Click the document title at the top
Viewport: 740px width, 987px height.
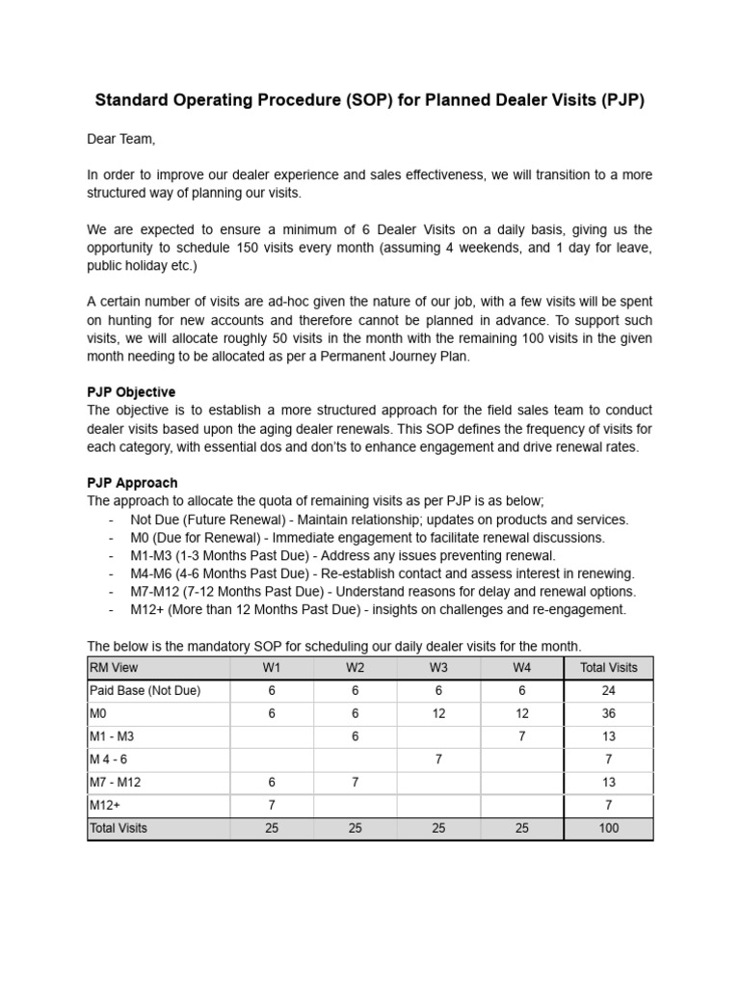click(x=369, y=101)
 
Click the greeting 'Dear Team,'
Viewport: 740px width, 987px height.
click(x=120, y=140)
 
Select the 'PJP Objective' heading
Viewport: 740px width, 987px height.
click(x=131, y=392)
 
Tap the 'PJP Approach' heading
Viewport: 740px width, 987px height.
click(x=132, y=482)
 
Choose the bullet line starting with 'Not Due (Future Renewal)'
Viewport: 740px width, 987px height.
click(x=378, y=519)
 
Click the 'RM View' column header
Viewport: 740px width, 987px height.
click(x=114, y=667)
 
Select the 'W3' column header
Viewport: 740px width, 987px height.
click(x=438, y=667)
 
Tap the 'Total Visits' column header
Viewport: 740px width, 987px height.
click(x=608, y=667)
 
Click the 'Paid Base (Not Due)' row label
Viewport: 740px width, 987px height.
click(x=145, y=690)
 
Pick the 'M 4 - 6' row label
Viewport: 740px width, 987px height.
click(x=109, y=759)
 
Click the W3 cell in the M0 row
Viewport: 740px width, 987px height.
click(x=438, y=713)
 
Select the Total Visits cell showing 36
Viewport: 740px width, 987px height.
click(x=608, y=713)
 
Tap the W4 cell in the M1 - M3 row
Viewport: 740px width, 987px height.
click(x=522, y=736)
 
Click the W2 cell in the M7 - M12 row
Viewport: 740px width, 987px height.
click(x=356, y=782)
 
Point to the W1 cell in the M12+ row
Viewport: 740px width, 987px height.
click(x=272, y=805)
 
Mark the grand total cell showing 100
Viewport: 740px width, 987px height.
click(x=608, y=828)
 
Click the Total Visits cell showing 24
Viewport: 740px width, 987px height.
click(x=608, y=690)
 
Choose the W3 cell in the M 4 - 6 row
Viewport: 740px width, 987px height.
click(x=438, y=759)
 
